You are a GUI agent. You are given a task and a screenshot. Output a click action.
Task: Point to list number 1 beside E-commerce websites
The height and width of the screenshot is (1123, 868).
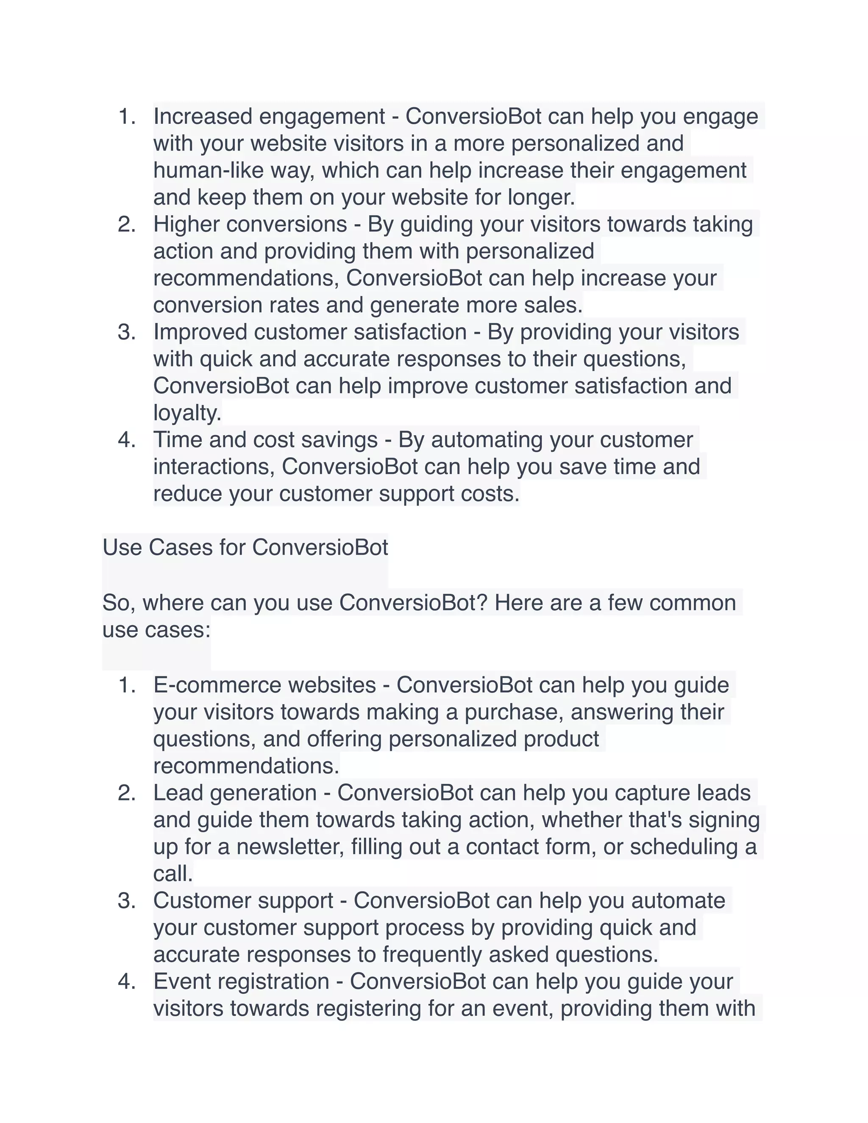point(126,685)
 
